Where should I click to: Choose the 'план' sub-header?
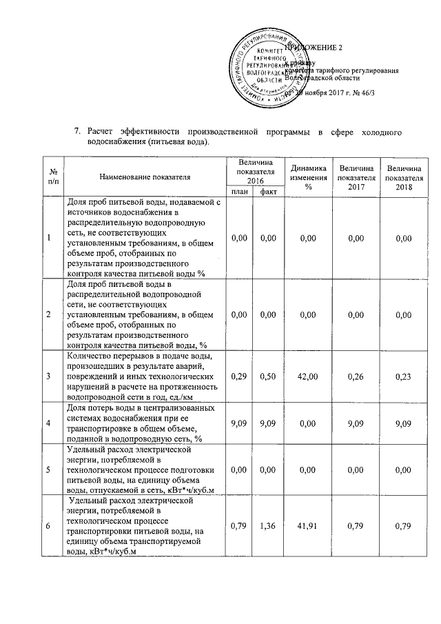[x=239, y=191]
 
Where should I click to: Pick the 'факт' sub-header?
[x=265, y=191]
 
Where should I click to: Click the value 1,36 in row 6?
[x=265, y=527]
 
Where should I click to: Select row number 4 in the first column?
[x=48, y=423]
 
